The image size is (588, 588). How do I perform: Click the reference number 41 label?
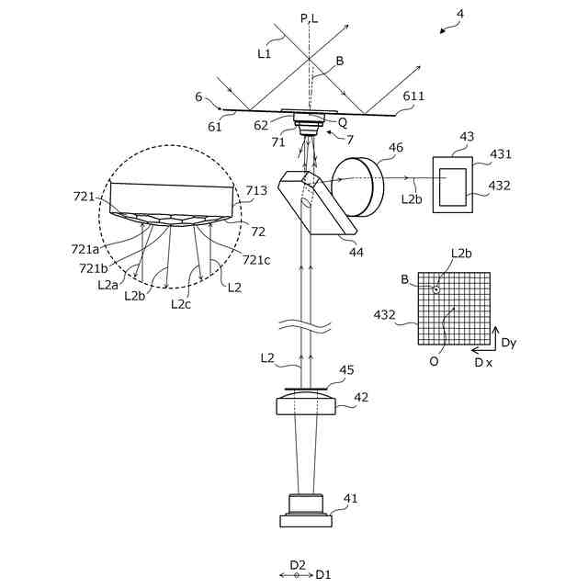pos(351,499)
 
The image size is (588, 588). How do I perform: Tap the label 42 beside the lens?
pos(361,398)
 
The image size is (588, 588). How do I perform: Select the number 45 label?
pos(346,370)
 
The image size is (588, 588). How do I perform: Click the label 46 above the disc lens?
pos(396,147)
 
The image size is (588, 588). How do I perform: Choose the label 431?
pos(501,154)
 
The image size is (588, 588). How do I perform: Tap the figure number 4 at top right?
pos(460,15)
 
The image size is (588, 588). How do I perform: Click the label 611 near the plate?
pos(414,96)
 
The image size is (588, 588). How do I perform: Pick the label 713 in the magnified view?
pos(256,191)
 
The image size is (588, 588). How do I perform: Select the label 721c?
pos(256,260)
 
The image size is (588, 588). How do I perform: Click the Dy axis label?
pos(509,343)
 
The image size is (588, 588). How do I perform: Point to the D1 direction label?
pos(323,575)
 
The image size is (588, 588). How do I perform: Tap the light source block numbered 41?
pos(306,509)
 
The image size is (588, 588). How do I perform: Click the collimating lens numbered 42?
pos(306,405)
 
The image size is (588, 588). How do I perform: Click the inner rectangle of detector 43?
pos(452,187)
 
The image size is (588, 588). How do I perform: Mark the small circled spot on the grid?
pos(436,289)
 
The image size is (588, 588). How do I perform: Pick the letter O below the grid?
pos(434,361)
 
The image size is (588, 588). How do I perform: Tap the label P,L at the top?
pos(309,18)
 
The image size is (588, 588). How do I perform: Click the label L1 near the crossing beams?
pos(265,53)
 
